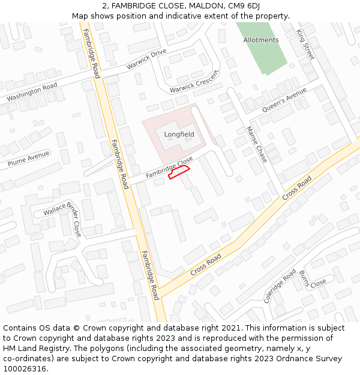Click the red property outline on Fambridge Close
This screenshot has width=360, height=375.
click(179, 173)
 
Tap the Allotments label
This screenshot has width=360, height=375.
click(261, 40)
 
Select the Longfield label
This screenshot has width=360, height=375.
click(179, 134)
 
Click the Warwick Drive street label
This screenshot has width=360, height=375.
click(146, 60)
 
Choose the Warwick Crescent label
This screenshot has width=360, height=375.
click(194, 82)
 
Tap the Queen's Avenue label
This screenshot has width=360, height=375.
click(284, 99)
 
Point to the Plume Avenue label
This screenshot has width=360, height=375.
click(28, 159)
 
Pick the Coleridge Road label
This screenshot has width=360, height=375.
click(280, 286)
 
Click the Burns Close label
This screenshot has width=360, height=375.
click(313, 279)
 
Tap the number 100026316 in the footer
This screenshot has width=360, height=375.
click(25, 368)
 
